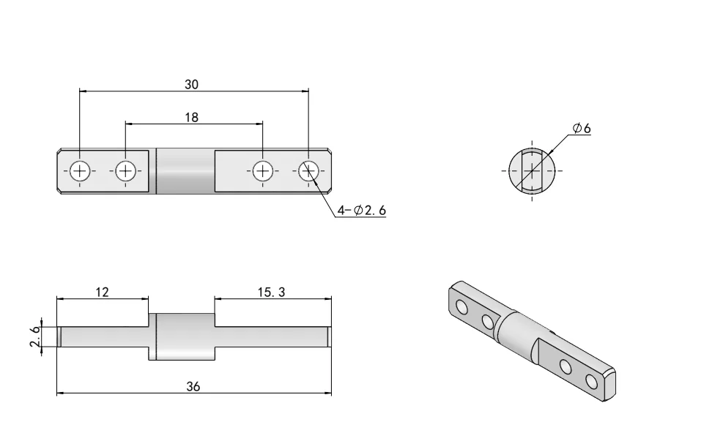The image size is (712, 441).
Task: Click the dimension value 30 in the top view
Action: coord(191,85)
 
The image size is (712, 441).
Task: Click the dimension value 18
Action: coord(191,117)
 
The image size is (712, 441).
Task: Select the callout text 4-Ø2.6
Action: coord(360,211)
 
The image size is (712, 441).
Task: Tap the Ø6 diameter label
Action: coord(582,128)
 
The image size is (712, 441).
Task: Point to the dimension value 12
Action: coord(102,292)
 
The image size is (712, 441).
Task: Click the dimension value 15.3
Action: coord(272,292)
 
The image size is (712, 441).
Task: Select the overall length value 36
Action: coord(193,387)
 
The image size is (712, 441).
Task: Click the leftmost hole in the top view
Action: coord(80,171)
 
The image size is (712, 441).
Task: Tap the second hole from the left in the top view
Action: coord(125,171)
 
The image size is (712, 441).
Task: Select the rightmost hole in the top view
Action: coord(308,171)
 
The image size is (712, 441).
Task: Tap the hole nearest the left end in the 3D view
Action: coord(462,306)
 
